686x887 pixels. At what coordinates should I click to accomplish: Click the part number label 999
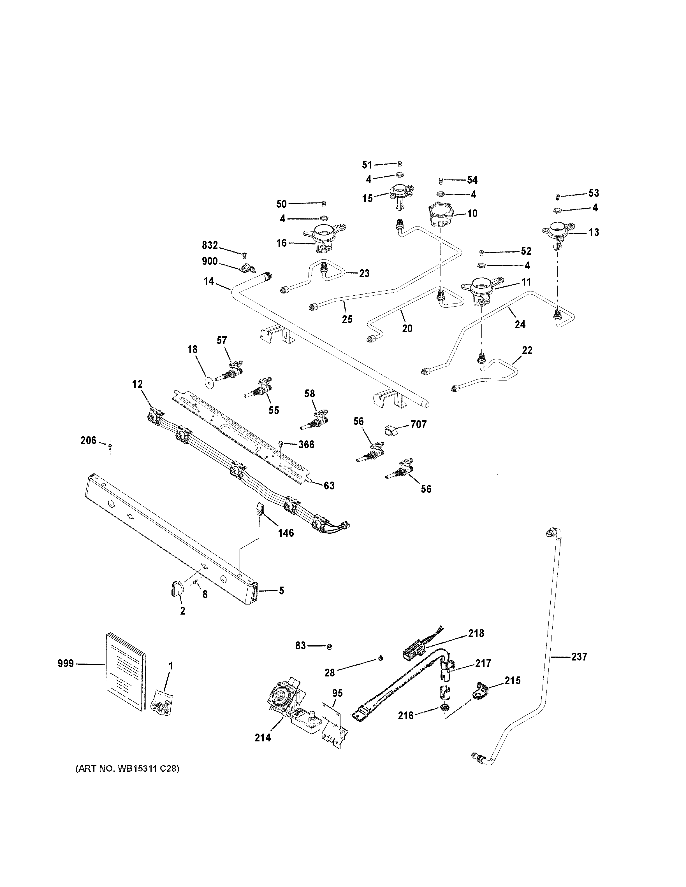pos(65,664)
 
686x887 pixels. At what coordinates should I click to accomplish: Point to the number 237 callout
pos(579,656)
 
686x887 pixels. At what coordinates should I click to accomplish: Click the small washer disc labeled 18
pos(210,382)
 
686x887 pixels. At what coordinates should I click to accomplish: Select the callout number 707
pos(419,424)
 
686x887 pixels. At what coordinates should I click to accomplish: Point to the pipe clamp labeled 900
pos(247,269)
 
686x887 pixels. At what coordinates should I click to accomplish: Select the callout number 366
pos(306,444)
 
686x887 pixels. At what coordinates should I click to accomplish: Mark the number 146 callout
pos(286,533)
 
